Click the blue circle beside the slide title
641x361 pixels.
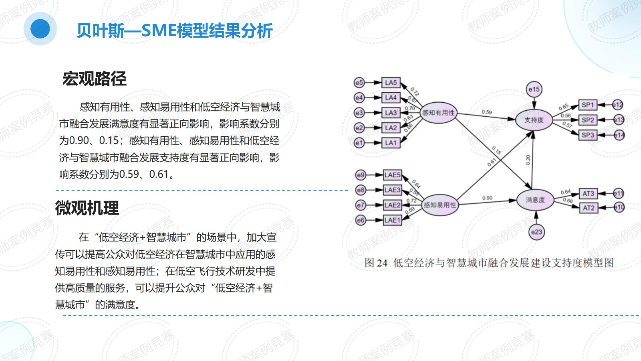tap(40, 29)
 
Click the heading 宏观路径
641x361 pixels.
tap(95, 79)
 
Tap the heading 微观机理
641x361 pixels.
tap(87, 208)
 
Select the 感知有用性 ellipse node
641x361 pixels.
tap(439, 113)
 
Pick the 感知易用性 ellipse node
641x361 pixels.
tap(440, 205)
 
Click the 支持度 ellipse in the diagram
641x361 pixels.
tap(534, 120)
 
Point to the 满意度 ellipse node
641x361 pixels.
tap(535, 200)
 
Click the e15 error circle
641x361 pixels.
tap(534, 89)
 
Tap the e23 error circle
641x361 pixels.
tap(536, 232)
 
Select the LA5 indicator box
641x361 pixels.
tap(391, 83)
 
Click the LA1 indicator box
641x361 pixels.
tap(391, 143)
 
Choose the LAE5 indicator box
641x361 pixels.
tap(392, 175)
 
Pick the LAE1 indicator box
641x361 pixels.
tap(392, 220)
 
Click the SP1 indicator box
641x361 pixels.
tap(588, 105)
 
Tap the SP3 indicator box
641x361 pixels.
tap(588, 135)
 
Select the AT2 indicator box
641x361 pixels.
tap(589, 208)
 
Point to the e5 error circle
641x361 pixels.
tap(359, 83)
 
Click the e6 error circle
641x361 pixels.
tap(361, 220)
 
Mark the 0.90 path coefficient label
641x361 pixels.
tap(487, 198)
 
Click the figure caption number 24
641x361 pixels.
tap(382, 263)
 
